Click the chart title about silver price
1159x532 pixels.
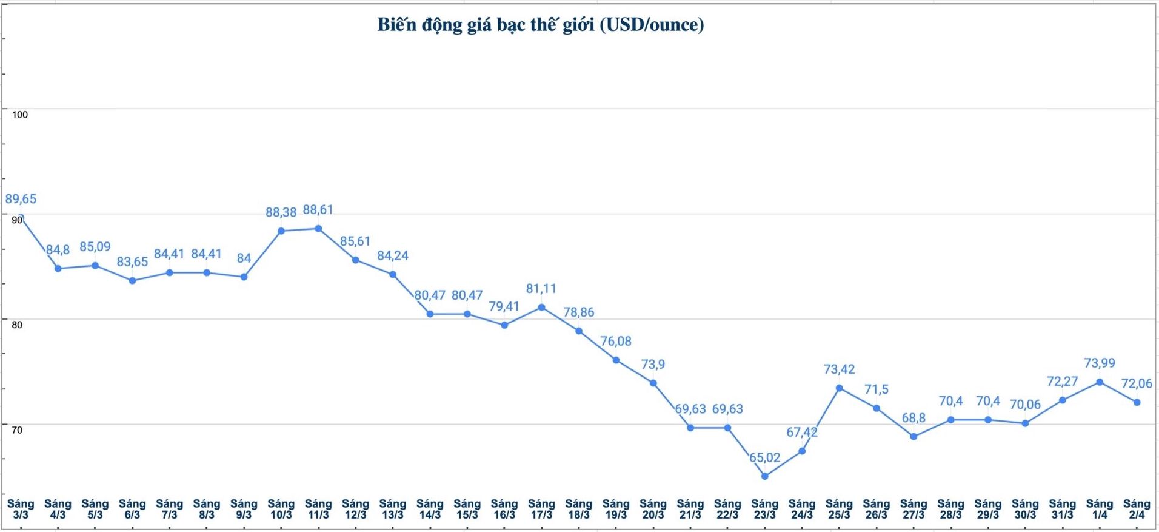(x=541, y=25)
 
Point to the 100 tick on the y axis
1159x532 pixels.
(x=20, y=115)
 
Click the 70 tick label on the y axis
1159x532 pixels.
(x=17, y=430)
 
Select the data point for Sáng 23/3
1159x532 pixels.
(x=764, y=476)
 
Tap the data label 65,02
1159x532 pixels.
(x=764, y=457)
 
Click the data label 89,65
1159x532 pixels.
(x=21, y=199)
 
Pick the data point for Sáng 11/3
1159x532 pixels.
(x=318, y=229)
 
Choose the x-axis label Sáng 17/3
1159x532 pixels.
(x=541, y=509)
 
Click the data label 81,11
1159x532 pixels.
(x=541, y=289)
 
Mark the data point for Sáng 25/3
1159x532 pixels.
(x=839, y=388)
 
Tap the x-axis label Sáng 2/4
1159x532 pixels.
(x=1137, y=509)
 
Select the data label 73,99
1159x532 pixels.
(x=1099, y=363)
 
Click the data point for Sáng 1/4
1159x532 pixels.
(x=1100, y=382)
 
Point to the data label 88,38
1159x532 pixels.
(x=281, y=212)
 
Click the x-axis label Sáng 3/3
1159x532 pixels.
(x=21, y=509)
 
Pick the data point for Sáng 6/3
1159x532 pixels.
(x=132, y=280)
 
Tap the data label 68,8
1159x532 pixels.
(x=914, y=418)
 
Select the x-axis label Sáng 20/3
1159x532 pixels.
(x=653, y=509)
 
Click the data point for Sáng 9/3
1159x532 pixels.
(x=244, y=277)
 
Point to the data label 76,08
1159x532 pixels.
(x=616, y=342)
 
